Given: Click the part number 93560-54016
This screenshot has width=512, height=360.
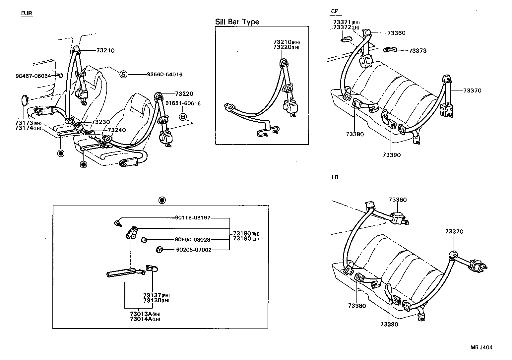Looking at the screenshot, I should click(165, 75).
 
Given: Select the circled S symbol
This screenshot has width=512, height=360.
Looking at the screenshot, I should click(123, 74).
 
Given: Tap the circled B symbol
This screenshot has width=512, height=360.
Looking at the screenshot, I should click(183, 117).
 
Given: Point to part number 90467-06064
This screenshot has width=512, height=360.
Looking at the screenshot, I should click(33, 76).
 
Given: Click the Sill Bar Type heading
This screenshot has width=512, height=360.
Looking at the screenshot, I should click(237, 22).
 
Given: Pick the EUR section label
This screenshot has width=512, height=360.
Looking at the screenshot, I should click(27, 13).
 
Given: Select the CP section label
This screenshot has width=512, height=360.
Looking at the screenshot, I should click(335, 11).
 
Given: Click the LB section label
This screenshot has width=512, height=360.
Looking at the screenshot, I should click(335, 177).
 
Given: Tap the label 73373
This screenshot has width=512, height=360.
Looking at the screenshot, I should click(417, 51).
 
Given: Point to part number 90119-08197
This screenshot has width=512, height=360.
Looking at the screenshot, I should click(193, 218).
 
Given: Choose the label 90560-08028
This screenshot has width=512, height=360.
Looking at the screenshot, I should click(193, 240).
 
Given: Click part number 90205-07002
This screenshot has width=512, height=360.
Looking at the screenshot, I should click(193, 250).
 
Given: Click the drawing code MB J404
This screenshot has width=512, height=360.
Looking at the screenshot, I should click(481, 347).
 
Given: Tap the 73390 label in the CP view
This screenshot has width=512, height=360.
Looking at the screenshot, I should click(391, 155).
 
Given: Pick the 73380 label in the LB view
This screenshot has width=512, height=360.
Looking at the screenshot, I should click(357, 306).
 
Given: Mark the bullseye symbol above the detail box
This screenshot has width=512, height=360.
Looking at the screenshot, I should click(161, 200).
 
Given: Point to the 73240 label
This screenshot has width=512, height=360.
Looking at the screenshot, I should click(117, 130).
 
